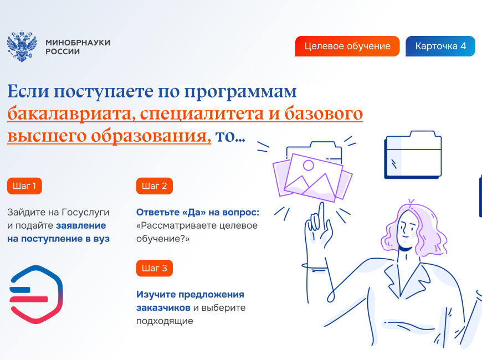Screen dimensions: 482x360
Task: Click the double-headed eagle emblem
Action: (22, 46)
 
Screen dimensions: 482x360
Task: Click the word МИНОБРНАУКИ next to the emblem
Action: (78, 43)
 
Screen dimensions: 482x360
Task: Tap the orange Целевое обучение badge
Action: (347, 46)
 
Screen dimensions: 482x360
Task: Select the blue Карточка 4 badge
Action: (440, 46)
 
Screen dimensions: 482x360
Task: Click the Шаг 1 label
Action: (24, 186)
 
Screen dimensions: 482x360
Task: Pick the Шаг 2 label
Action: (155, 186)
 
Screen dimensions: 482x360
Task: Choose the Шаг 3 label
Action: (155, 269)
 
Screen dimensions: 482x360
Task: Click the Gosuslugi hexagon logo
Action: (36, 295)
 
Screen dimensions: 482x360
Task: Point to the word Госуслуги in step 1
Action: (85, 213)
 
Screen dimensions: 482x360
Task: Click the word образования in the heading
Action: (151, 136)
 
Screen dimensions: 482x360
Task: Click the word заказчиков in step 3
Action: (163, 308)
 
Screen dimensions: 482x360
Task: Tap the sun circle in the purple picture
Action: (309, 166)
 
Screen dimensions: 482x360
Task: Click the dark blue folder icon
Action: (413, 155)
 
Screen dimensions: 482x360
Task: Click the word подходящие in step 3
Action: (165, 321)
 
